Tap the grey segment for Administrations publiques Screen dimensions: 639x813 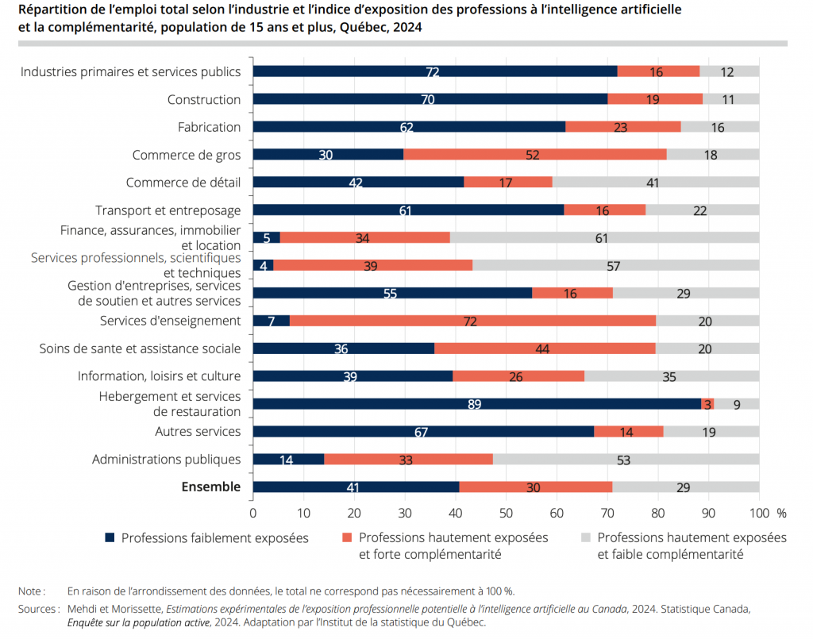pyautogui.click(x=626, y=459)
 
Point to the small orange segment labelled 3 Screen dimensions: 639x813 pyautogui.click(x=707, y=404)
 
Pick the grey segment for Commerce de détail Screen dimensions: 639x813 pyautogui.click(x=655, y=183)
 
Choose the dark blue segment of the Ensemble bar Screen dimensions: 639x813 pyautogui.click(x=356, y=487)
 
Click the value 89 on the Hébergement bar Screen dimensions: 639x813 pyautogui.click(x=476, y=404)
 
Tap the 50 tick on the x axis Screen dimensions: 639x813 pyautogui.click(x=507, y=513)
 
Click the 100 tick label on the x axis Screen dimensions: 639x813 pyautogui.click(x=758, y=513)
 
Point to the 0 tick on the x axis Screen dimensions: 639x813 pyautogui.click(x=252, y=513)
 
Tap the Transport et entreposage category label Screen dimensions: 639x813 pyautogui.click(x=168, y=210)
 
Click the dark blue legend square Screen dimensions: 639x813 pyautogui.click(x=110, y=538)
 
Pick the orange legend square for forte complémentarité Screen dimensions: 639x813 pyautogui.click(x=348, y=538)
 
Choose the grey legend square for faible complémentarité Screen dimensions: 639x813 pyautogui.click(x=586, y=538)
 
